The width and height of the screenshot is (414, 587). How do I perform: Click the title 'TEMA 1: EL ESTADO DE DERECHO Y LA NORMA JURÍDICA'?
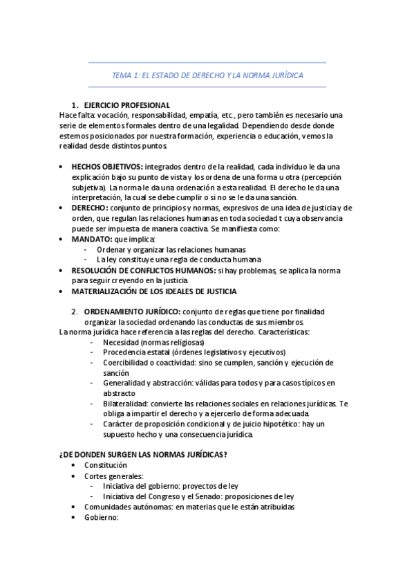[x=207, y=75]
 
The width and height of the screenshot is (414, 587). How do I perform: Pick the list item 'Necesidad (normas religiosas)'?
[x=153, y=342]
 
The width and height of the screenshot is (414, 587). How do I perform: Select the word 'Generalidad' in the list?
[x=124, y=383]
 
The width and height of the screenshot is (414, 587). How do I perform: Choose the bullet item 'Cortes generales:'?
[x=114, y=476]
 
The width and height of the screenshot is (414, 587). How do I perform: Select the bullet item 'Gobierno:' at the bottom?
[x=102, y=517]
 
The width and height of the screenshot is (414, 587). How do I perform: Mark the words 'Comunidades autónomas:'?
[x=127, y=507]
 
